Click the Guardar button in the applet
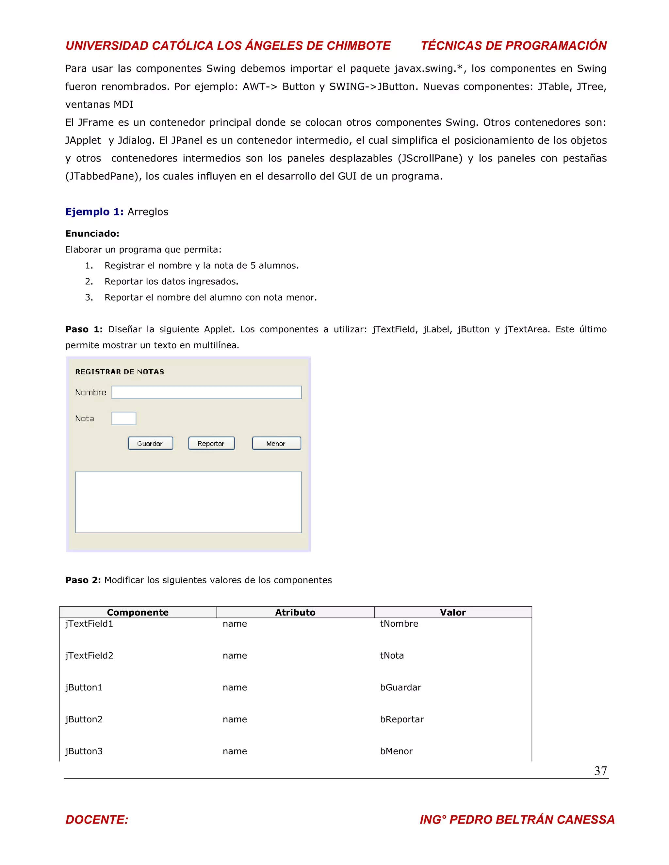point(150,443)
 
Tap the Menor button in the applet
point(276,443)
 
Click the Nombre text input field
point(206,392)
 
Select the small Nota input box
point(124,418)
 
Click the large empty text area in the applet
point(188,502)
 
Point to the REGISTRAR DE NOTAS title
point(119,371)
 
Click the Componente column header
point(138,612)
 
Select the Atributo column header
point(295,612)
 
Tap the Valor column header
point(453,612)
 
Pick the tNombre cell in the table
point(399,624)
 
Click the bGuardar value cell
point(400,687)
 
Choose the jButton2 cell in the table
point(84,719)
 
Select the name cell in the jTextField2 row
point(235,655)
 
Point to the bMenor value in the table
point(396,751)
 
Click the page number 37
point(600,771)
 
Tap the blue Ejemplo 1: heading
point(94,212)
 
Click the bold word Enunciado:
point(92,234)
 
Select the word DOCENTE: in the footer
point(97,819)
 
